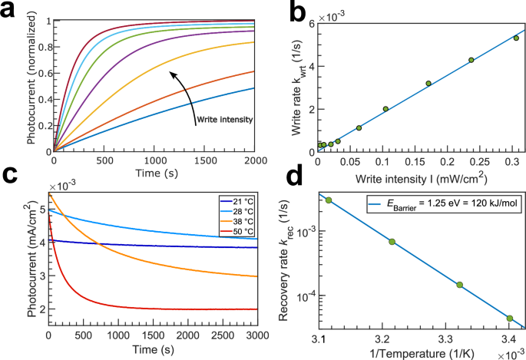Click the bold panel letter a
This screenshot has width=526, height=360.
tap(11, 11)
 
